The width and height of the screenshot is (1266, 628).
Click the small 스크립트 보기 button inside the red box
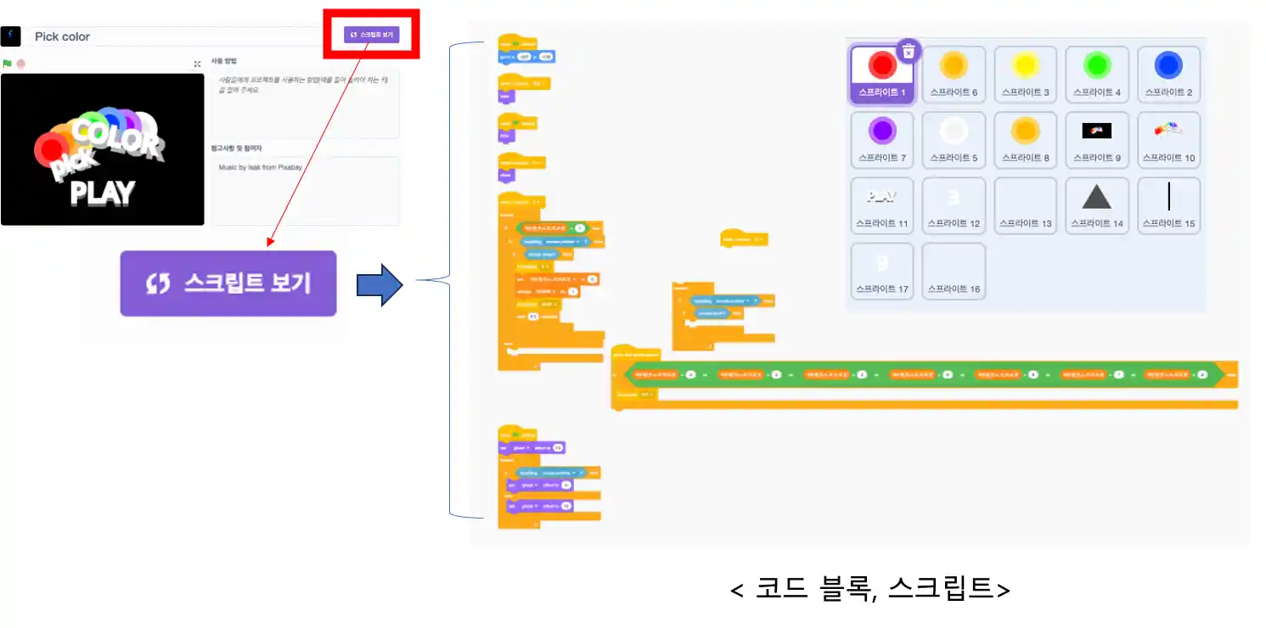371,35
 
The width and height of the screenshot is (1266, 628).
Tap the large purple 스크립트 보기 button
228,283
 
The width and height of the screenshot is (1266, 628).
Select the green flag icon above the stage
7,64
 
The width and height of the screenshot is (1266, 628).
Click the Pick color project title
62,36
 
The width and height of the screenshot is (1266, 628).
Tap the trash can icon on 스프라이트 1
908,52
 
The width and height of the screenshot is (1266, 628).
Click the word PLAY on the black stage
102,193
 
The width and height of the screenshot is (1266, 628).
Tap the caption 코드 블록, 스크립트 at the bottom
869,588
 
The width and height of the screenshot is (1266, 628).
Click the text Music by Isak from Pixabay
260,167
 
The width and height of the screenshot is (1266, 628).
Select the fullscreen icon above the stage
197,64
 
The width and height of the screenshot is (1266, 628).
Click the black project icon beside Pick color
10,36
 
